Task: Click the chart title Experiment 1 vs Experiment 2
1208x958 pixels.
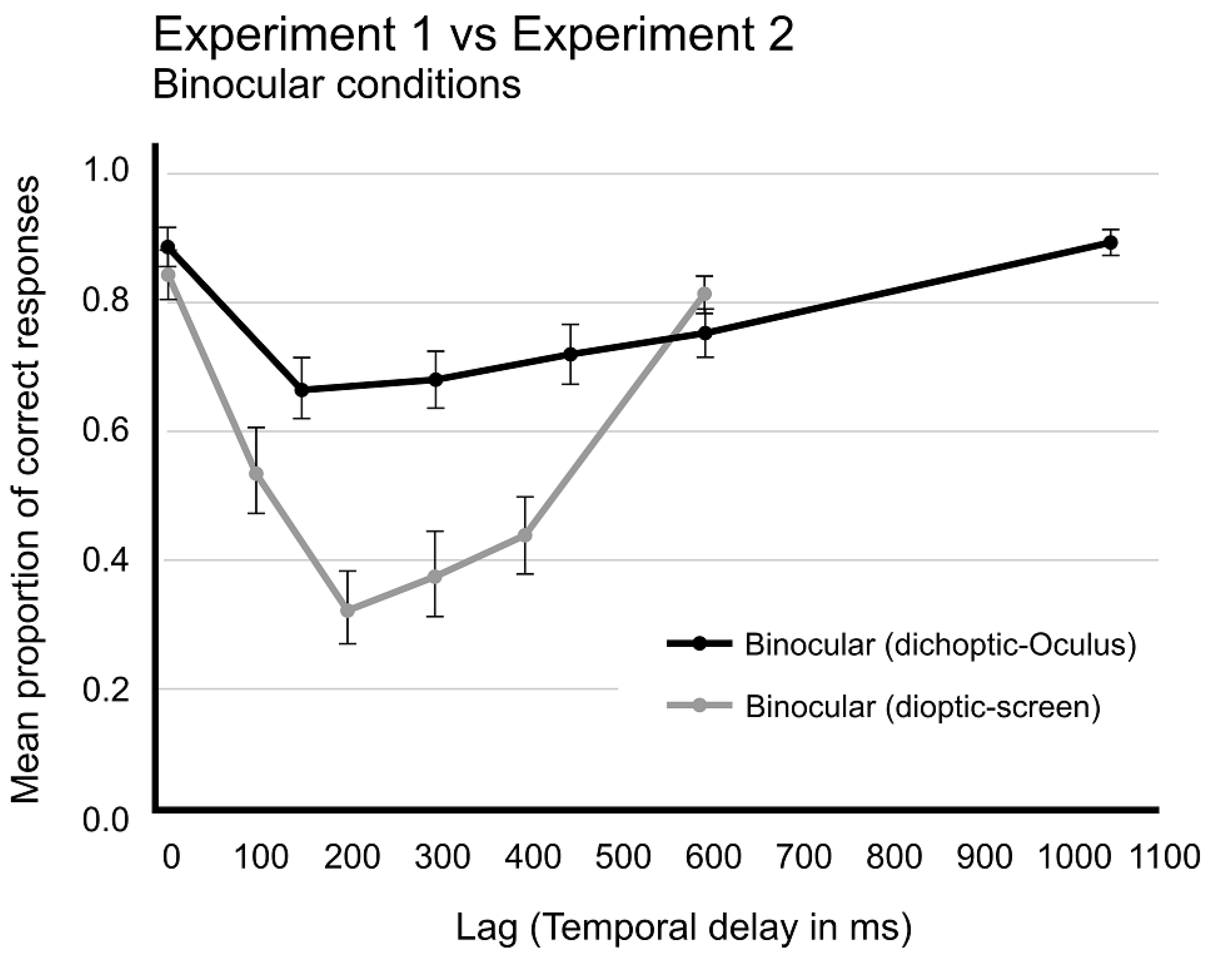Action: click(473, 35)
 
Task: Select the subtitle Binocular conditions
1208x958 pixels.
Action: click(336, 85)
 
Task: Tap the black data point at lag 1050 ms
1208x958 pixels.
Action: click(1111, 243)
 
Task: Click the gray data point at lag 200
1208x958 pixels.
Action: click(348, 610)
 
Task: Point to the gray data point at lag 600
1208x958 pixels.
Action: click(705, 294)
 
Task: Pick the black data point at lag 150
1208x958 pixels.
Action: click(302, 389)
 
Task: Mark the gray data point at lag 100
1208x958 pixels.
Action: click(256, 473)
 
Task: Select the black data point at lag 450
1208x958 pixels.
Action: click(571, 354)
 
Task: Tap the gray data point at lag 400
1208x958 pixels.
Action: click(525, 535)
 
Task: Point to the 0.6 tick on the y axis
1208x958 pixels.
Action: click(105, 432)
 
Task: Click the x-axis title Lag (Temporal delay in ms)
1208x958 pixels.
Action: click(683, 927)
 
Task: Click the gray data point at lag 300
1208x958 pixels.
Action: click(435, 576)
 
